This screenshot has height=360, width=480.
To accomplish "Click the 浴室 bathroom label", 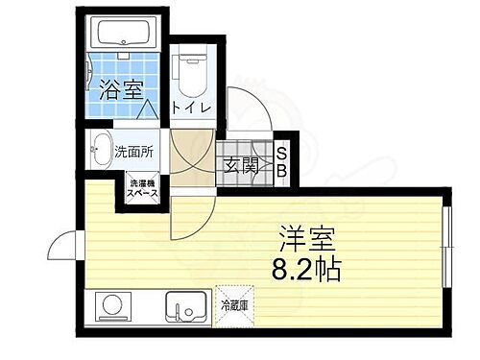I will pyautogui.click(x=121, y=91).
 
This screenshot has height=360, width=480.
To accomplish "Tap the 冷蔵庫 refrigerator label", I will pyautogui.click(x=234, y=306).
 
